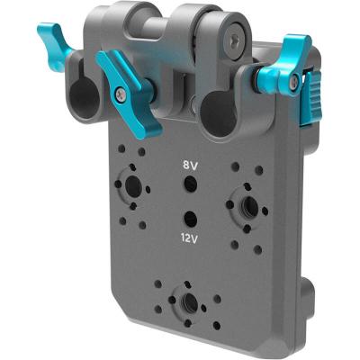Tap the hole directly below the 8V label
[190, 184]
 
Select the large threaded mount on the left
[132, 187]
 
